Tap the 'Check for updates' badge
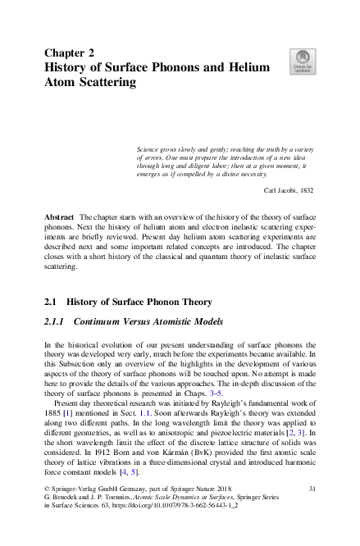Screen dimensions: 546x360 tap(303, 61)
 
